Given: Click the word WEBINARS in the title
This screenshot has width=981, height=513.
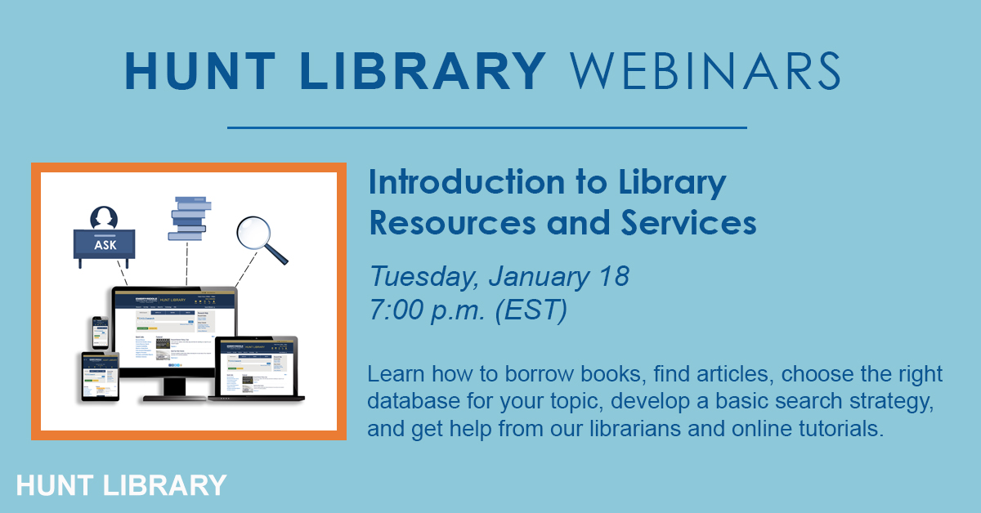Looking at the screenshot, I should (705, 71).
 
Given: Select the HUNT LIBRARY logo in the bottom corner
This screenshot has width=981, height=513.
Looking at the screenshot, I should (121, 484).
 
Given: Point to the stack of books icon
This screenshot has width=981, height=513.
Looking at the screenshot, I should (190, 218).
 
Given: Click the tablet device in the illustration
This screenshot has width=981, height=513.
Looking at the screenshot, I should (101, 377).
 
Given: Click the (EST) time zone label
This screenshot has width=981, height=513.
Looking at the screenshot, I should (537, 312).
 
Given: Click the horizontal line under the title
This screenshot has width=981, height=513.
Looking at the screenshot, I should (486, 127).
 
